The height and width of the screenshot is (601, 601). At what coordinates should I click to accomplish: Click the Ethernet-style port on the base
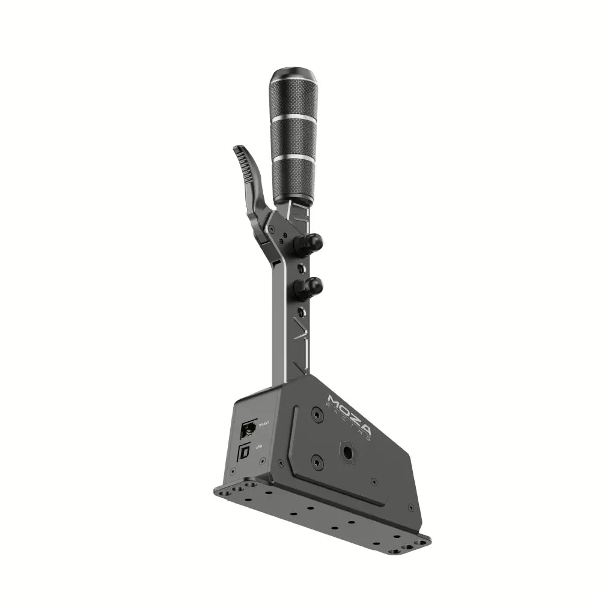point(247,429)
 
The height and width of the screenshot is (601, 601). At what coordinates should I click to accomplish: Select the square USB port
point(245,452)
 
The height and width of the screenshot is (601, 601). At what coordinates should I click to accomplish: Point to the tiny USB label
point(259,447)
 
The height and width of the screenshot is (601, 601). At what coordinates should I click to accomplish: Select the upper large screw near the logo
point(317,414)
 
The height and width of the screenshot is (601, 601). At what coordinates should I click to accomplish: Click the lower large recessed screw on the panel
point(317,462)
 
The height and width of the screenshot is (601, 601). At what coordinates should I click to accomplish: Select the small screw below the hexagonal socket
point(374,481)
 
